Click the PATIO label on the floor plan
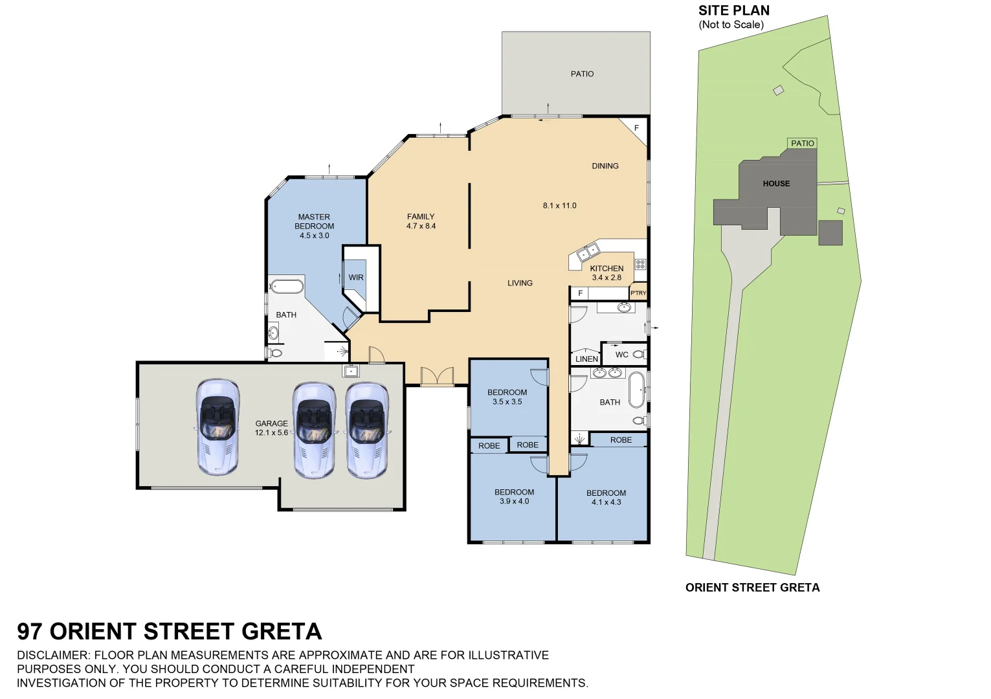point(582,74)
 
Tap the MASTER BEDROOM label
point(314,221)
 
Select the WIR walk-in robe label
point(356,278)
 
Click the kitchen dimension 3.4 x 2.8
point(607,278)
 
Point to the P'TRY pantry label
point(638,293)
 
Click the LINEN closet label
point(586,359)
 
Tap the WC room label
point(621,355)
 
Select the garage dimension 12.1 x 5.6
point(271,433)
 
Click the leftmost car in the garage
point(217,427)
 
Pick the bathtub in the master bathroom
point(287,286)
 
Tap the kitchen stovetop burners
point(640,264)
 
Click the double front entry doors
point(437,376)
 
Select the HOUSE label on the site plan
point(776,184)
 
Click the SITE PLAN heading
point(734,10)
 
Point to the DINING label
point(605,166)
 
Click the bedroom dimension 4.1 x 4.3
point(606,502)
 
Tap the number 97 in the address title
point(30,631)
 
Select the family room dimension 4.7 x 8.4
point(421,226)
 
